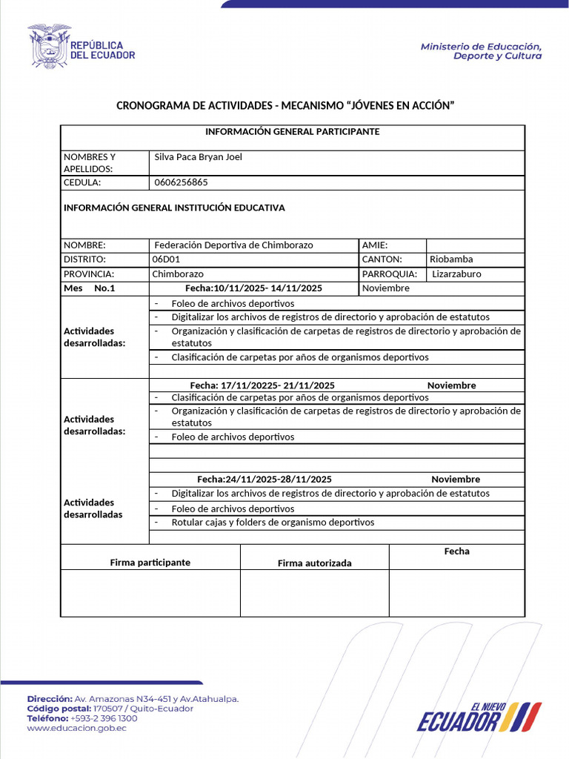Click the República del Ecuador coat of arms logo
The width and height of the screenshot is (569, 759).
49,46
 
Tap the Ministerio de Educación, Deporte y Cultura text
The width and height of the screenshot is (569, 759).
481,51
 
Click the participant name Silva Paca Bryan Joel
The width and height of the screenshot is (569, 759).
198,157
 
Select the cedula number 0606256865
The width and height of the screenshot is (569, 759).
181,182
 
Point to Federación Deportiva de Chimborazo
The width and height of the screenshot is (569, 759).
233,245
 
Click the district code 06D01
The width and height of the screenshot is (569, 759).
166,259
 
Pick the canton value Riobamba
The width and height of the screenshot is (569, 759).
450,259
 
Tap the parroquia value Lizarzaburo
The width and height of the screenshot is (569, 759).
456,274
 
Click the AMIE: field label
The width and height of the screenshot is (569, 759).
375,245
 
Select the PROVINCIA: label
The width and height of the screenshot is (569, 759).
89,274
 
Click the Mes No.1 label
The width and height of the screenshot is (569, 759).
90,288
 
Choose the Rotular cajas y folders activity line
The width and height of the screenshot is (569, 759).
273,523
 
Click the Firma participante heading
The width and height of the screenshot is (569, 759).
150,563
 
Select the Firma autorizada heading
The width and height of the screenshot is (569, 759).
314,563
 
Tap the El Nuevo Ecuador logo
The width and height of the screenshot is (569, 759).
479,717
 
